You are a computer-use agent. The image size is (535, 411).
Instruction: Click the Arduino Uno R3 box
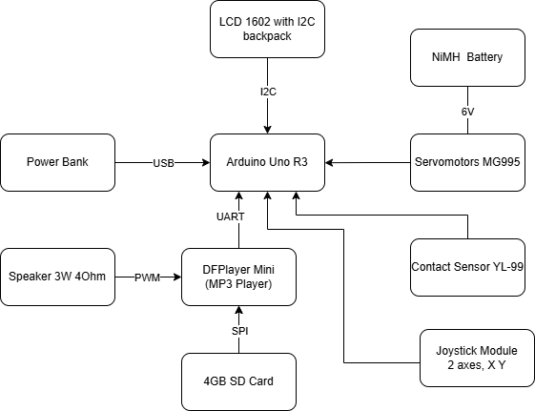click(x=267, y=163)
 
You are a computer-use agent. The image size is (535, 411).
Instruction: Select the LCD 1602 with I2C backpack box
click(x=267, y=30)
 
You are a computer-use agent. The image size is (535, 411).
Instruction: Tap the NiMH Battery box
click(x=467, y=57)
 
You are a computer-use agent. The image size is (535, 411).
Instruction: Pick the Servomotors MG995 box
click(x=467, y=163)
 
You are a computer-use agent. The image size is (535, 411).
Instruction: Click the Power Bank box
click(x=57, y=163)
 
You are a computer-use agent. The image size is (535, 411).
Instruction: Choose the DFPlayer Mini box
click(x=238, y=277)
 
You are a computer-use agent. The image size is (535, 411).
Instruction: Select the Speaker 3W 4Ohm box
click(x=57, y=277)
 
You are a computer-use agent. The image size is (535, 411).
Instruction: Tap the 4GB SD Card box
click(x=238, y=381)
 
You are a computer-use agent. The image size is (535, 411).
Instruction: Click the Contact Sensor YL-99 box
click(x=467, y=266)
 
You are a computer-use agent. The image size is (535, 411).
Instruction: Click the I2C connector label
click(x=268, y=92)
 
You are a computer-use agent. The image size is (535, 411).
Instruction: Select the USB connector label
click(x=163, y=163)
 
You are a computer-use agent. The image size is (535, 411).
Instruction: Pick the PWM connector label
click(x=148, y=277)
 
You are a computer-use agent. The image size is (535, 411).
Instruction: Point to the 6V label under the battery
click(x=467, y=111)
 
